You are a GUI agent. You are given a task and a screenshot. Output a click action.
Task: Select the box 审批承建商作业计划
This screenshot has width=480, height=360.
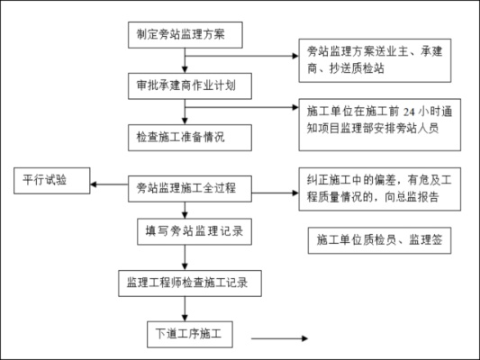pyautogui.click(x=186, y=86)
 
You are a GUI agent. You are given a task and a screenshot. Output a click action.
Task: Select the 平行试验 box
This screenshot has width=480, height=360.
pyautogui.click(x=51, y=180)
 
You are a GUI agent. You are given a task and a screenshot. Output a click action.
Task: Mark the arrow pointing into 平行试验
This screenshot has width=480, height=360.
pyautogui.click(x=108, y=186)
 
